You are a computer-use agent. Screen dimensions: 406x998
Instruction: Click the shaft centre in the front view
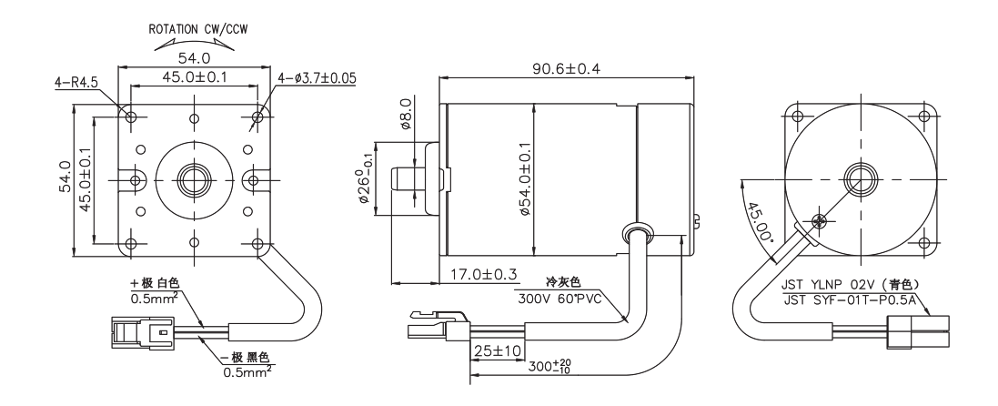click(193, 176)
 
